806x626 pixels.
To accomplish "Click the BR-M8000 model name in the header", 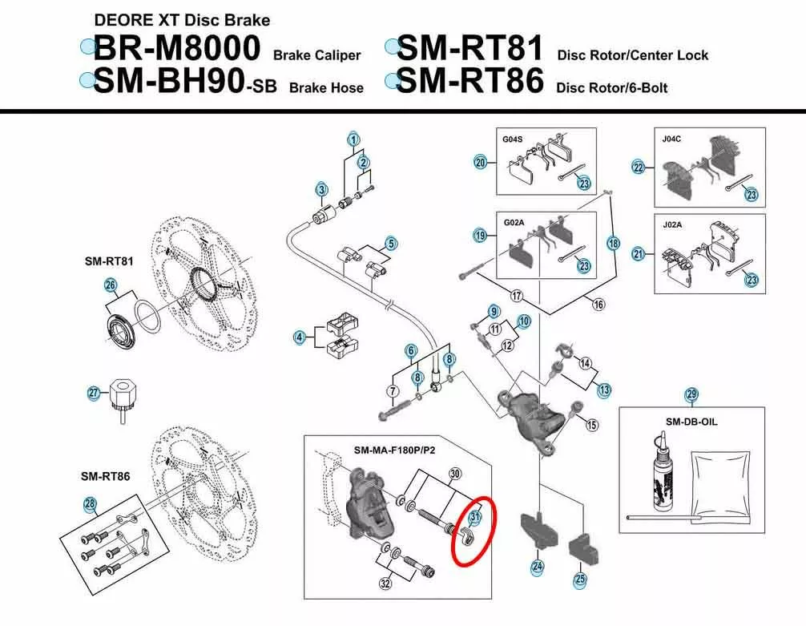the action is [177, 48].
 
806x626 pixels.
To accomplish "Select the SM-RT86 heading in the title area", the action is [469, 81].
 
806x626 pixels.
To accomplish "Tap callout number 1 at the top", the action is [353, 139].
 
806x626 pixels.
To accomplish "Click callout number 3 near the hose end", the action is [322, 190].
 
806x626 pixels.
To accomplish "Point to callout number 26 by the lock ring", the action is [111, 285].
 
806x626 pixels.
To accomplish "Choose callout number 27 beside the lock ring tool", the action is [93, 393].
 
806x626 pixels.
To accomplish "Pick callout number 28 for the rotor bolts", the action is [90, 503].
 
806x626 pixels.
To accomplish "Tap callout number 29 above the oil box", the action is [691, 394].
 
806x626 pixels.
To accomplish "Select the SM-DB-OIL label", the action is [691, 422].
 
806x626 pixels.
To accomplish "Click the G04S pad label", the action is [513, 139].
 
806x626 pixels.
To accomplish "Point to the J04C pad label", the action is [672, 139].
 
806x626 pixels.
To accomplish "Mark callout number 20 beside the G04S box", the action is [480, 163].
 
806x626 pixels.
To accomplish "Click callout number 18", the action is [613, 244].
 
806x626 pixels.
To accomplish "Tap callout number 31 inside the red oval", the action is [474, 518].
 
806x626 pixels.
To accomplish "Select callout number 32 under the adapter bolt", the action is [385, 584].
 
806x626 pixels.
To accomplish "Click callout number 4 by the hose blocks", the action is [300, 337].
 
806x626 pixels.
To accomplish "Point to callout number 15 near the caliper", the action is [591, 425].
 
